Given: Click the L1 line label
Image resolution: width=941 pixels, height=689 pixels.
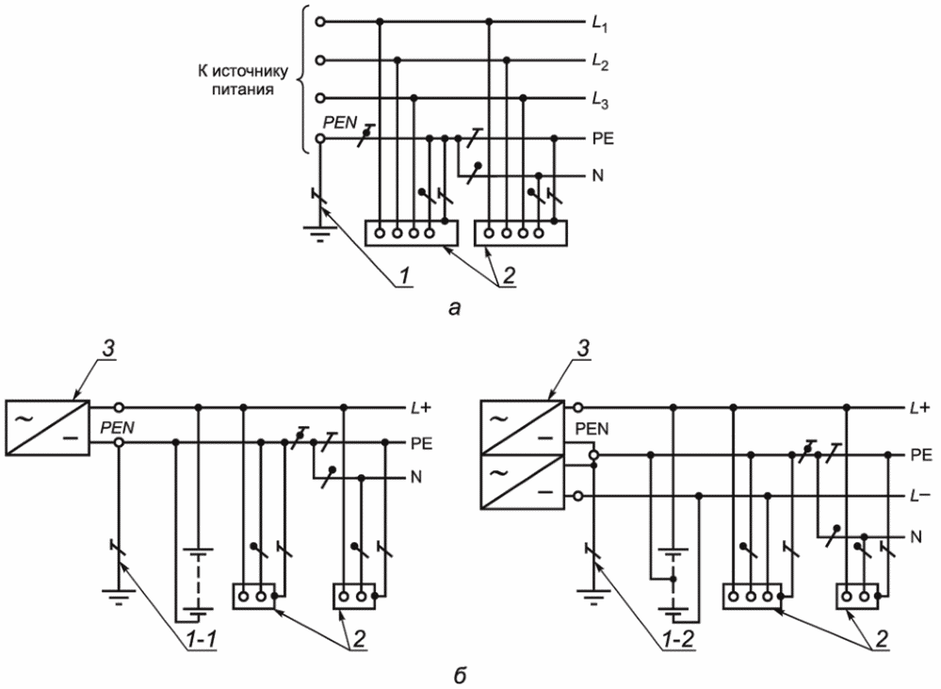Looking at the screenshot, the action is tap(599, 25).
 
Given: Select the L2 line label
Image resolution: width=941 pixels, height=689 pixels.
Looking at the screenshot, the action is tap(599, 62).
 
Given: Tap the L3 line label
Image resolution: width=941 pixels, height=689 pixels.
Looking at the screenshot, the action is tap(599, 100).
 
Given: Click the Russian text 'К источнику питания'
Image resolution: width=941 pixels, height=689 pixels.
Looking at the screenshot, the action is tap(243, 81).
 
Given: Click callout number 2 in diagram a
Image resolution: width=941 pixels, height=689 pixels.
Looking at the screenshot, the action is tap(508, 276).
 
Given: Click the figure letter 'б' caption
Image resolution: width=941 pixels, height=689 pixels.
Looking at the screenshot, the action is tap(461, 675).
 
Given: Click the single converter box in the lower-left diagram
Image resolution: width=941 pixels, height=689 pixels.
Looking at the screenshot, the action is tap(47, 428).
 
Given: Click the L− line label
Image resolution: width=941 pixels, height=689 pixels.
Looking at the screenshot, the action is tap(920, 497).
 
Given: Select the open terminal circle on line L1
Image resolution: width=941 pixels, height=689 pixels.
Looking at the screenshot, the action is tap(320, 23).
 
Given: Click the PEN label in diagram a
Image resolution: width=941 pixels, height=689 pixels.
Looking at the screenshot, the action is tap(340, 123).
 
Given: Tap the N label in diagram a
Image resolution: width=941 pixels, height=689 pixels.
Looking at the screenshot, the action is tap(597, 176).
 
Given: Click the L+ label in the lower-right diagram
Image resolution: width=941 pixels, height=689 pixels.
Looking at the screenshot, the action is tap(920, 408).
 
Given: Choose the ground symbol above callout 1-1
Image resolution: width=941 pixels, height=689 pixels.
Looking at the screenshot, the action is tap(119, 596).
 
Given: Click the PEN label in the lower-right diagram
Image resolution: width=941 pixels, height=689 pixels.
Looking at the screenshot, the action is tap(592, 429).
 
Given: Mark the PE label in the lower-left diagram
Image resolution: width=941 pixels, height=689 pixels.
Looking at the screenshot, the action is tap(422, 444).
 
